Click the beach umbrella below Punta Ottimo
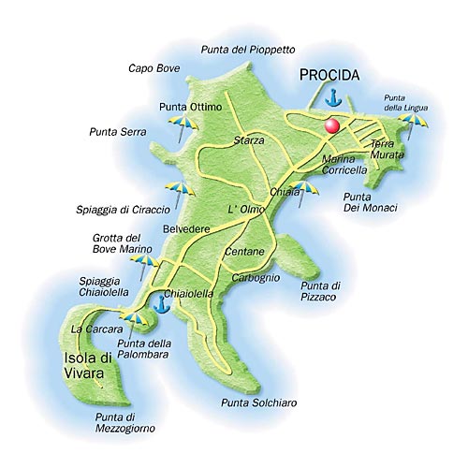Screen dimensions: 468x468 tap(177, 125)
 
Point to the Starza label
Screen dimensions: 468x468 tap(248, 140)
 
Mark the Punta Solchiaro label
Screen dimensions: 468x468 tap(259, 402)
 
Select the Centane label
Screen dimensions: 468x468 tap(245, 253)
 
